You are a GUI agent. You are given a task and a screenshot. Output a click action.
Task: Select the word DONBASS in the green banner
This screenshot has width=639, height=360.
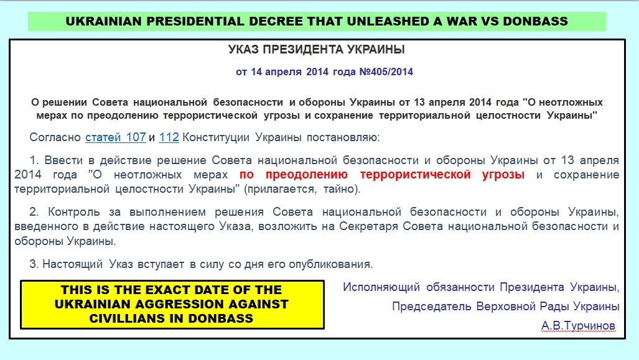click(536, 21)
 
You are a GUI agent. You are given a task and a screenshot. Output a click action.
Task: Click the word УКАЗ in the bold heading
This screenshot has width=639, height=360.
click(243, 50)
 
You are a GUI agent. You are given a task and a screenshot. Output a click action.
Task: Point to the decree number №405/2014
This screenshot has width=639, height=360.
click(386, 72)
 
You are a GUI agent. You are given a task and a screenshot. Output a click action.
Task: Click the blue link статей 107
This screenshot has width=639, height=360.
click(115, 137)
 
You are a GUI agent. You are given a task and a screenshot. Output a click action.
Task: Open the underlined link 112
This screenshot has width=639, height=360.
click(169, 137)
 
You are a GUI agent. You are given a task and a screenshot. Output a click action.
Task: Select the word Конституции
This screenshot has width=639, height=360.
click(215, 137)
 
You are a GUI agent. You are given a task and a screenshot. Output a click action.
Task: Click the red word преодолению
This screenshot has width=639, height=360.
click(307, 175)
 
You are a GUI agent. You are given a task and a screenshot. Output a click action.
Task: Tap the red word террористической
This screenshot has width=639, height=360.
click(415, 175)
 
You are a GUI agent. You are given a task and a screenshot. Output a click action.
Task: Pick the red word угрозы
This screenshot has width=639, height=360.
click(503, 175)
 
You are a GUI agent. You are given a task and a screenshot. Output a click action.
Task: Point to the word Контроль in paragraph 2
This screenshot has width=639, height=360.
click(74, 212)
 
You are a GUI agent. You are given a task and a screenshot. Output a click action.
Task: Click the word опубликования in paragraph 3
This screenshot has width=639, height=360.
click(330, 264)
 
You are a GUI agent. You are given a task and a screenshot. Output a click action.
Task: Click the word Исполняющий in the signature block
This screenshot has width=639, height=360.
click(381, 287)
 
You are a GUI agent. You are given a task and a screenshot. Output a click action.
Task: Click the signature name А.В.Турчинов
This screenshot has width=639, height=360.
click(578, 325)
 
